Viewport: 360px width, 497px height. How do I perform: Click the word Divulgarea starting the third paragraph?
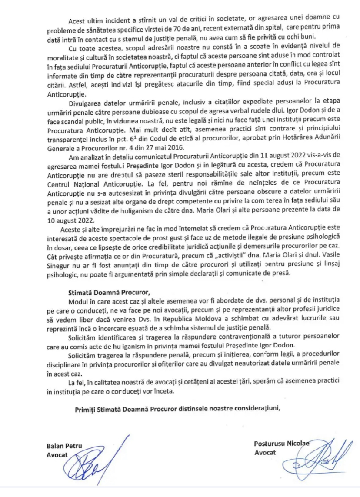pos(84,103)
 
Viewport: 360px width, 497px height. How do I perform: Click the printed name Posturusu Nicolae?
pos(281,444)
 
